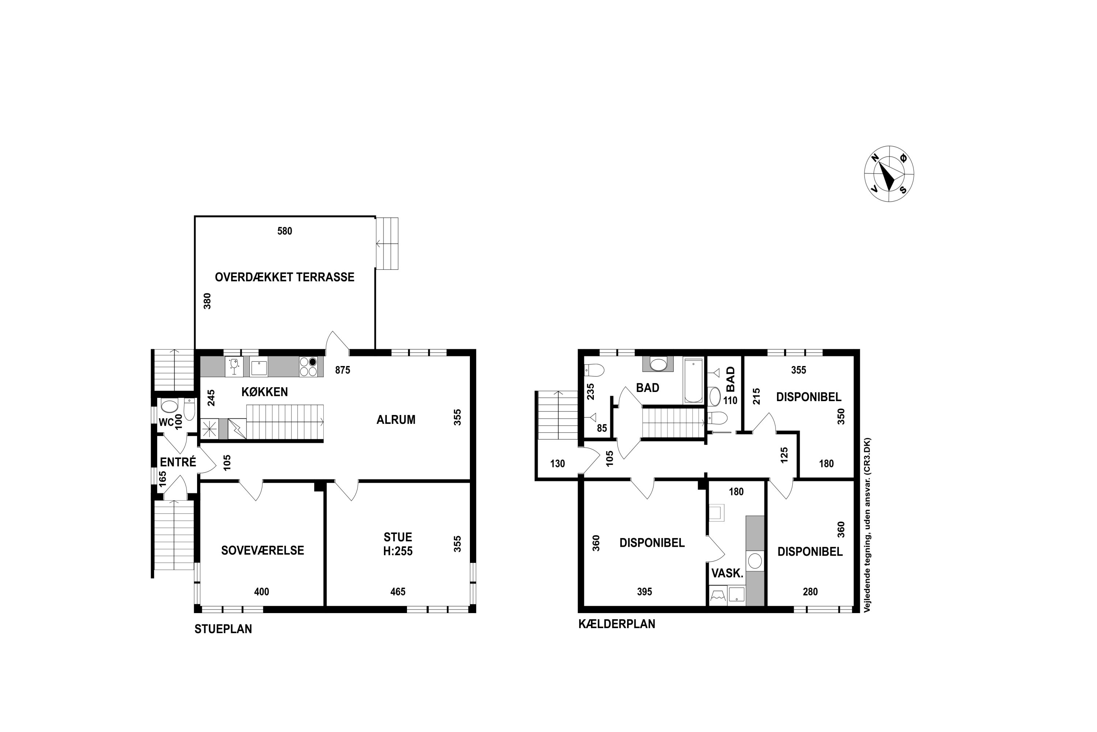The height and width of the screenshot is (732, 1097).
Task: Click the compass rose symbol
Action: point(889,173)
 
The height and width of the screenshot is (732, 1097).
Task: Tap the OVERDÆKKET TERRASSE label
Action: point(284,277)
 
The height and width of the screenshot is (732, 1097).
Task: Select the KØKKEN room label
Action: point(264,392)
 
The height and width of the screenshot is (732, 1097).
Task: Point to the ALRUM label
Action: point(396,420)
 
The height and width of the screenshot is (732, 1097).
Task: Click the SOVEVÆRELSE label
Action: point(263,550)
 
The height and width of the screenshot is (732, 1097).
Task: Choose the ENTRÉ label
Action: point(178,462)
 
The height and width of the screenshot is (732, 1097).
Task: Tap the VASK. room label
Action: point(727,573)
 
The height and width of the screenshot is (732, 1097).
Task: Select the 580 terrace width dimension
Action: point(284,231)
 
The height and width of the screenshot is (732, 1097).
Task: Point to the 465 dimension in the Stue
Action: point(398,592)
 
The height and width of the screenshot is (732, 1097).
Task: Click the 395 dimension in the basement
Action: point(645,592)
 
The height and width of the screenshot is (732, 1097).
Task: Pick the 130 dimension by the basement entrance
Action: point(557,464)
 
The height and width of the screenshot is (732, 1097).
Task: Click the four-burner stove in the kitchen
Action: point(308,366)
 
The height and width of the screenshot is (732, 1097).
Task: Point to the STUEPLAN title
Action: point(223,629)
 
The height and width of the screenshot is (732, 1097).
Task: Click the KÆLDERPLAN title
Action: point(617,624)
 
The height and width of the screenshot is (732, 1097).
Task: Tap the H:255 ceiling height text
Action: point(398,551)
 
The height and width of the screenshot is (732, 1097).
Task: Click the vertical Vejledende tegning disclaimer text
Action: point(867,525)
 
